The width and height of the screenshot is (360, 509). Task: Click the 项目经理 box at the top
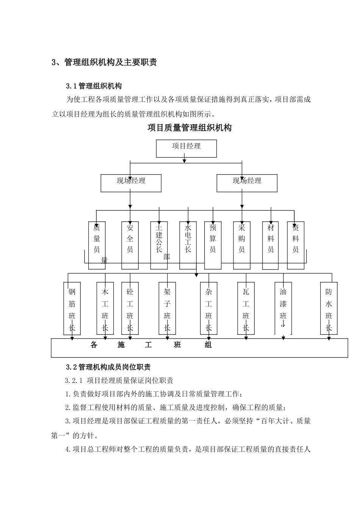coord(186,148)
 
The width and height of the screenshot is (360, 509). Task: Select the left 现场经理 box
coord(131,183)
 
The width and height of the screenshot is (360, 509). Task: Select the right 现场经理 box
coord(247,183)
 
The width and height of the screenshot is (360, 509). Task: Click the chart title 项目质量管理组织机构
coord(189,128)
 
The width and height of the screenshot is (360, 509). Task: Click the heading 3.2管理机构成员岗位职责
coord(108,367)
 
